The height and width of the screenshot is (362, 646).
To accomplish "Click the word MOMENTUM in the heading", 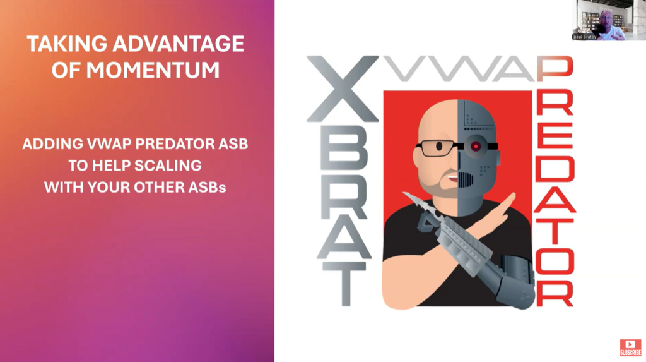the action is coord(153,69).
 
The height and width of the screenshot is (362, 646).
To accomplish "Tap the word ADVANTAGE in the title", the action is coord(179,44).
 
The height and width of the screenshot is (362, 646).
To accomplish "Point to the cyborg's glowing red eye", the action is coord(476,146).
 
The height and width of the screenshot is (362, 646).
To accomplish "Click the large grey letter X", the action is coord(343,89).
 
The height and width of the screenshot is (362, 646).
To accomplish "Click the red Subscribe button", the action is coord(630,347).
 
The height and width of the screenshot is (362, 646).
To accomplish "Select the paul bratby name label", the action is coord(585,37).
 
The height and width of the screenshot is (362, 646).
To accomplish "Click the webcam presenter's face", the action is coord(606,19).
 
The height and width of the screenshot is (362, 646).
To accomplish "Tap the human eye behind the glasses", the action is coord(439,146).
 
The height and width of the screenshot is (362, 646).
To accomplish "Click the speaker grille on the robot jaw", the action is coord(465,179).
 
